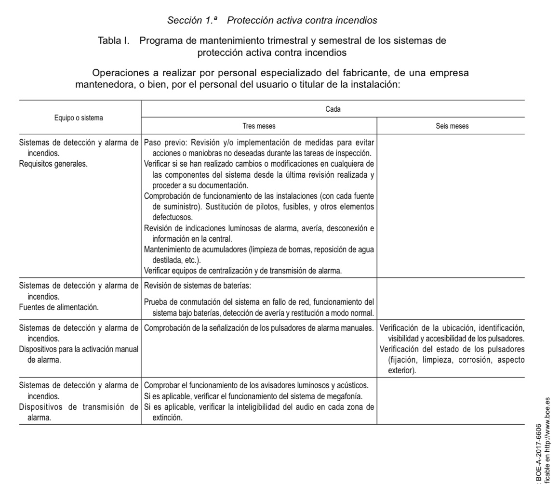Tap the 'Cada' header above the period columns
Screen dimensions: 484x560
333,109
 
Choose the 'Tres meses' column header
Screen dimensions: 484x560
259,126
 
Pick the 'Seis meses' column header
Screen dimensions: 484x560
451,126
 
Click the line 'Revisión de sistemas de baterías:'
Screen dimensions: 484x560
198,286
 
